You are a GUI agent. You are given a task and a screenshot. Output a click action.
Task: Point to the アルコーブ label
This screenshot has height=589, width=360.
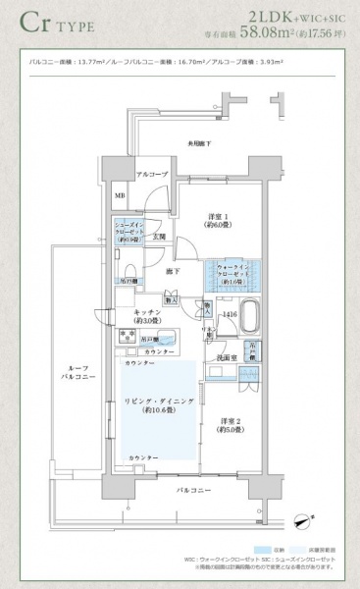[152, 175]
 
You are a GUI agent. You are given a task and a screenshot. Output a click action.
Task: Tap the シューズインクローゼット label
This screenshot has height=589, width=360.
[129, 234]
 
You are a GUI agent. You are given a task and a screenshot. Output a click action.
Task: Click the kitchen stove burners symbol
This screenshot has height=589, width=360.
[128, 337]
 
